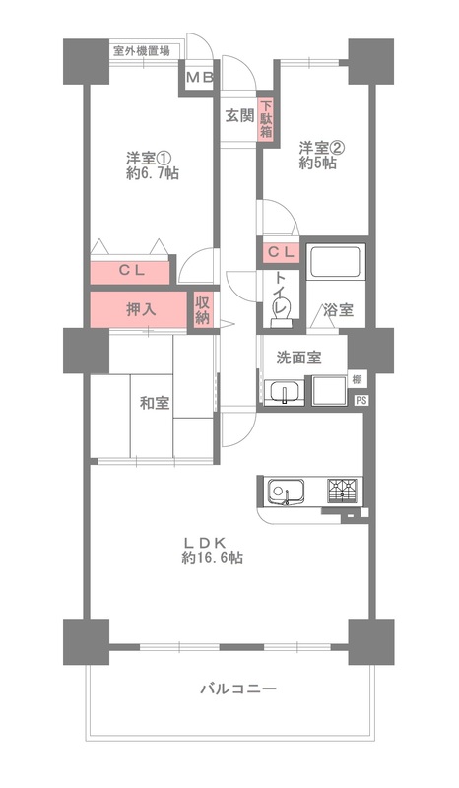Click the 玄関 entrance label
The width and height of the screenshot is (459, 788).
point(239,115)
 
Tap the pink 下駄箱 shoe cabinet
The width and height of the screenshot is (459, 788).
point(265,120)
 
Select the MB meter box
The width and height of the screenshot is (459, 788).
point(200,77)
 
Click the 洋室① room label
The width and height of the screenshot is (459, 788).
point(148,157)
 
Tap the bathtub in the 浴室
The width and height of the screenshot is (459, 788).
point(338,263)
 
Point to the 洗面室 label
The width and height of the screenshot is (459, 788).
point(296,358)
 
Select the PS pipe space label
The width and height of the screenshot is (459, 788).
point(361,400)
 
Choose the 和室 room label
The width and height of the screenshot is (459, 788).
point(154,402)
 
